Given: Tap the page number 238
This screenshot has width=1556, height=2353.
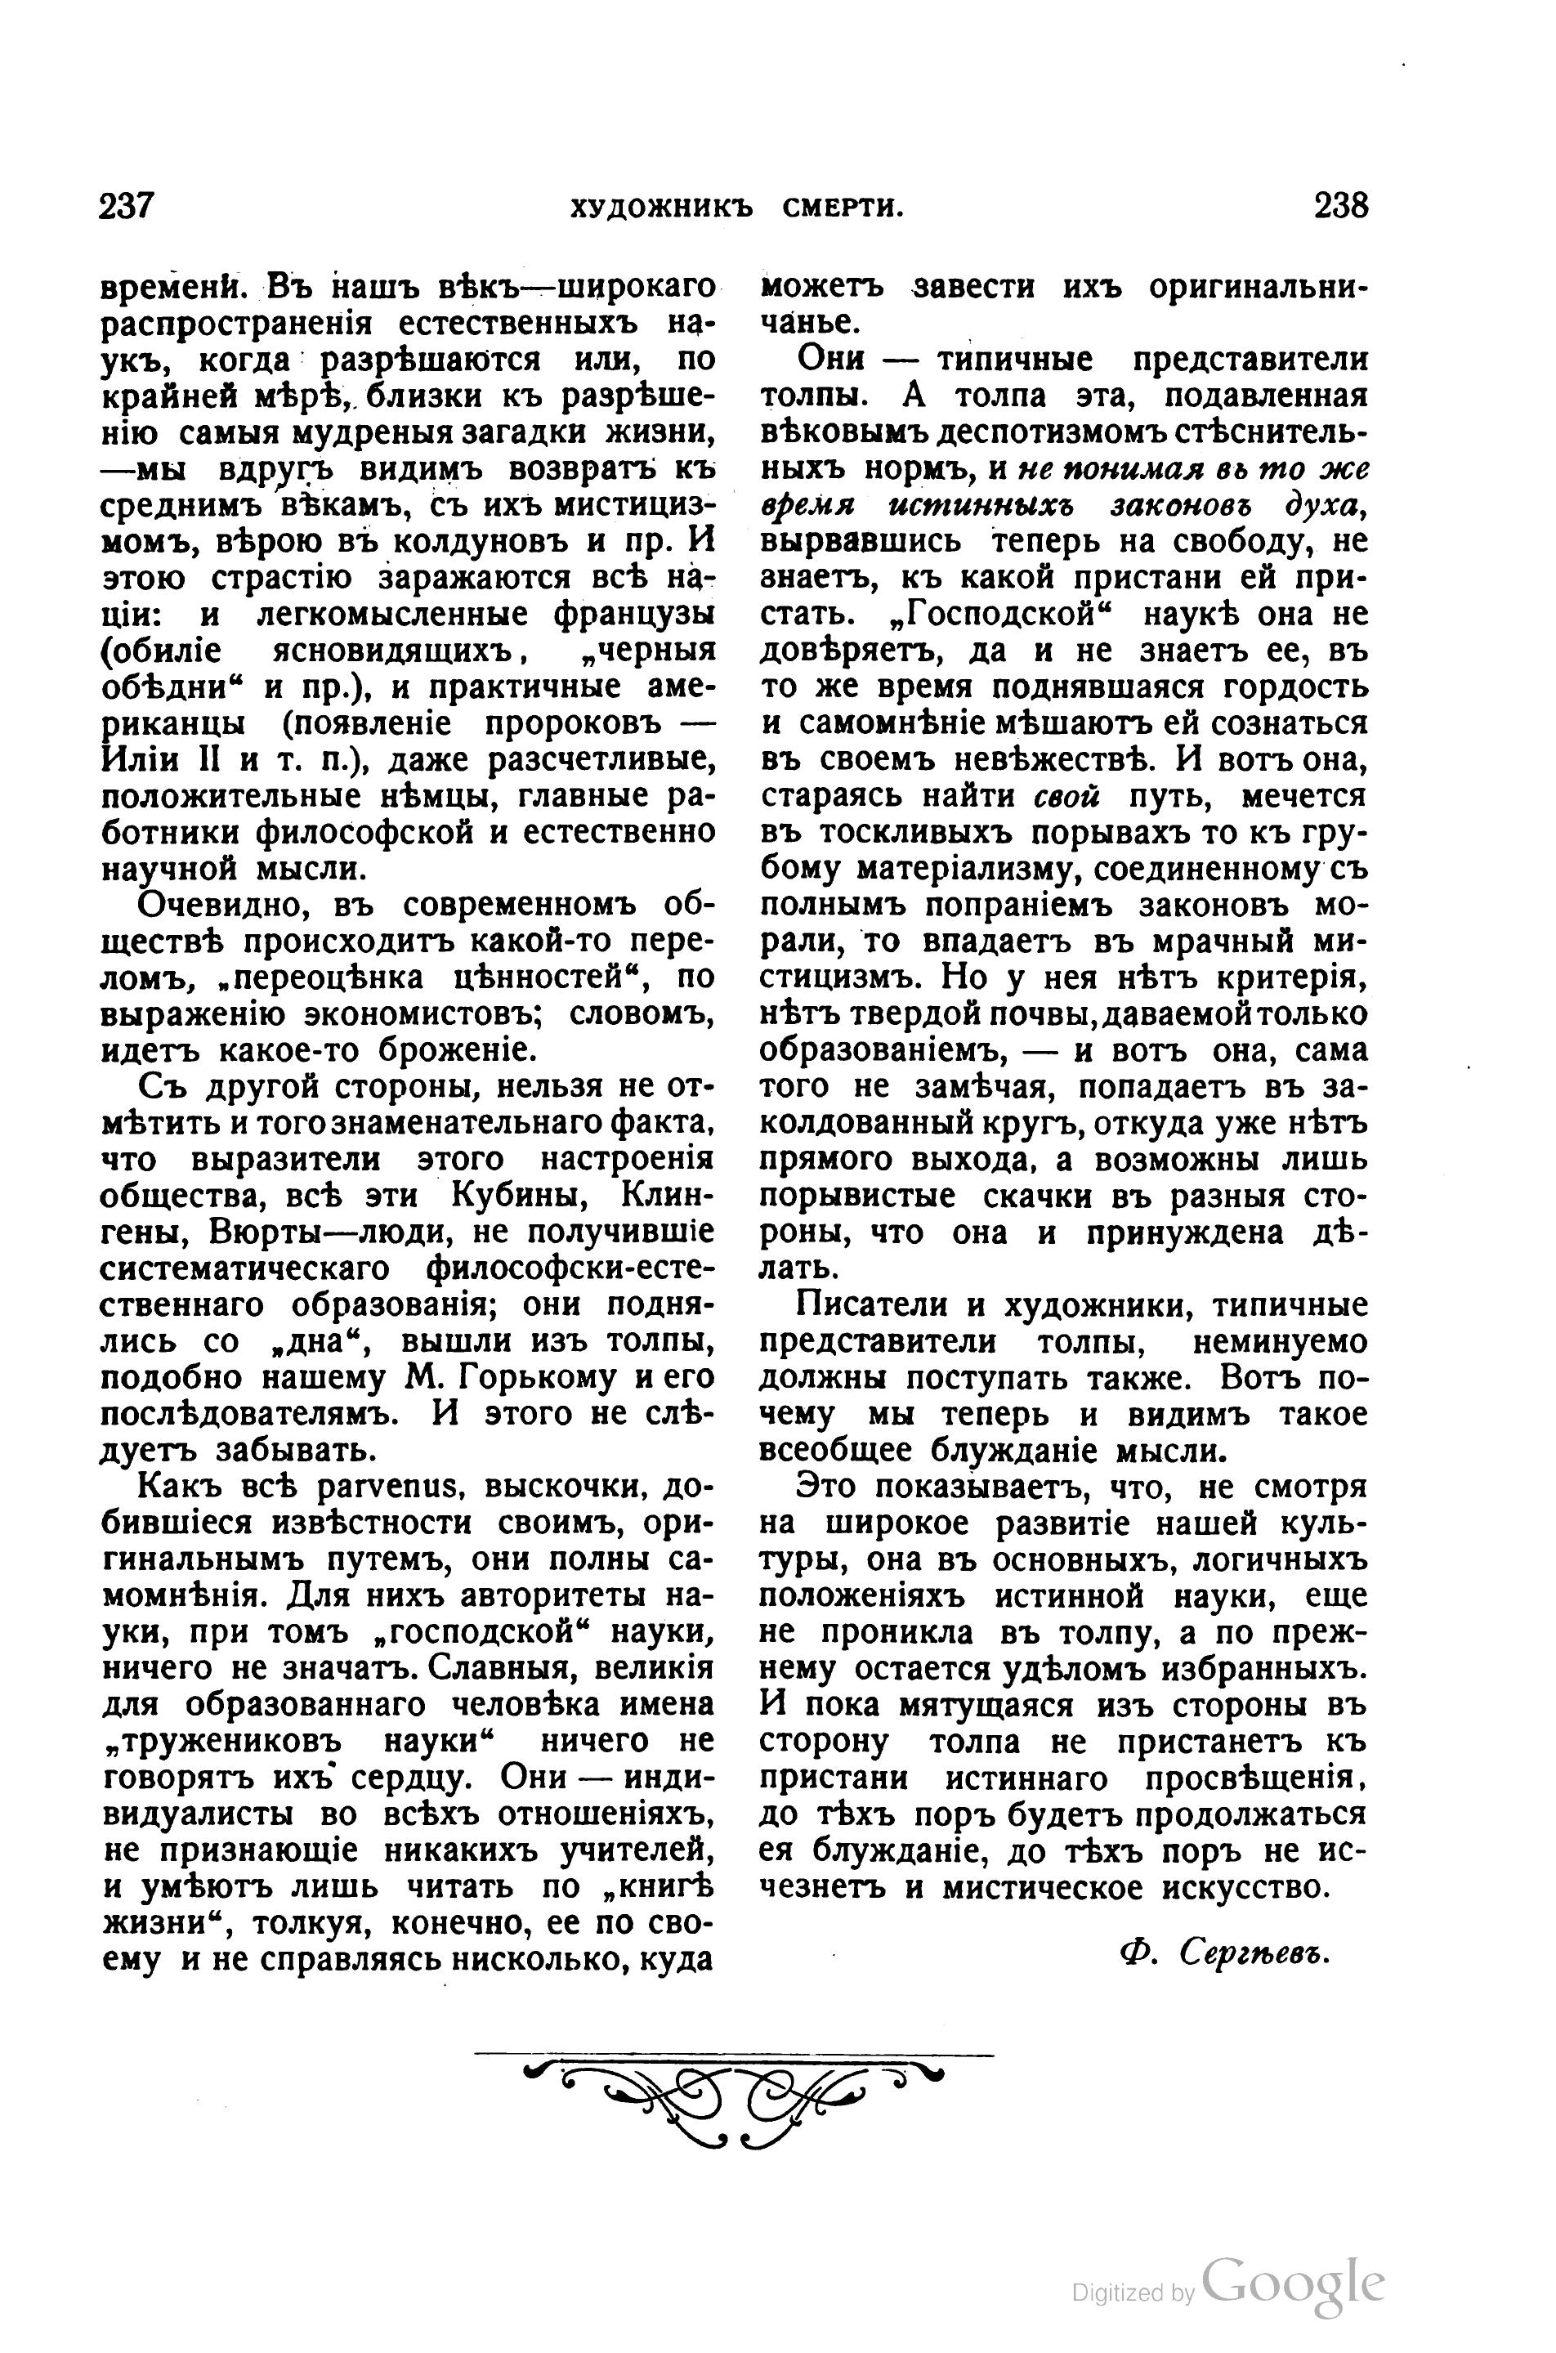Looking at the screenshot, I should [1340, 207].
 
